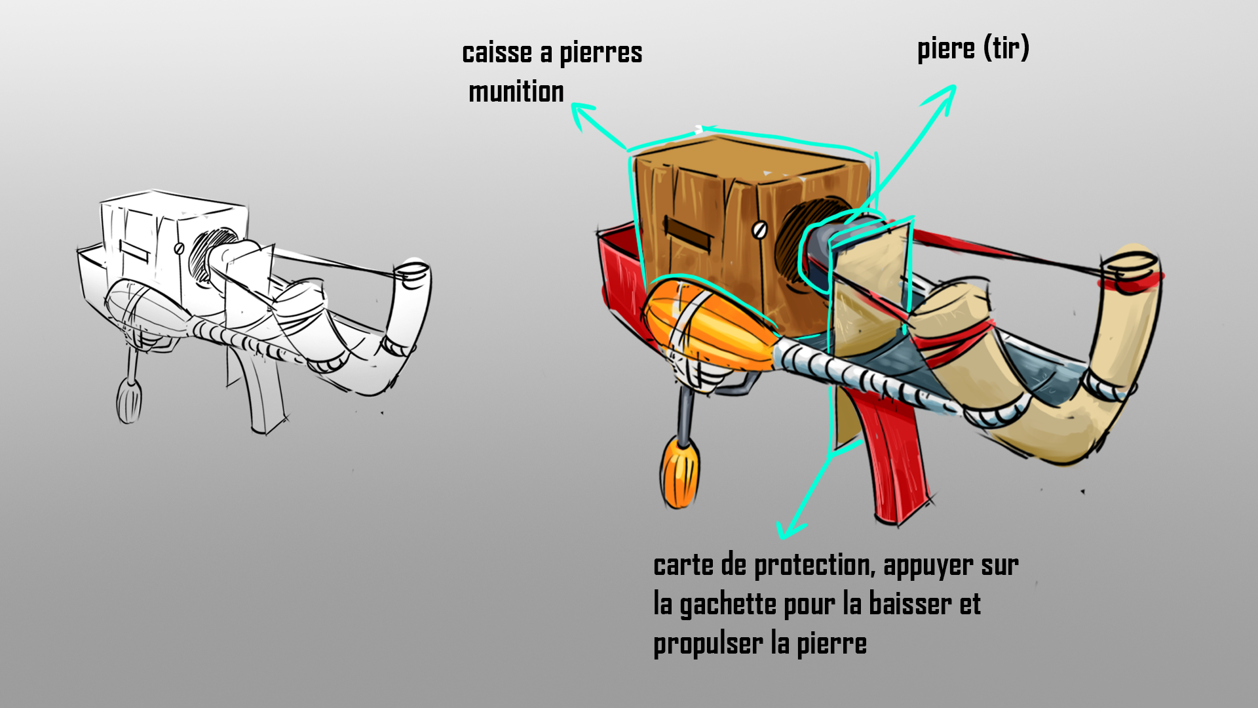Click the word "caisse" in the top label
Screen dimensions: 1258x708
point(497,53)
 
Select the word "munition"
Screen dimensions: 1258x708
point(516,92)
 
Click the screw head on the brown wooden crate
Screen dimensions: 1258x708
point(759,229)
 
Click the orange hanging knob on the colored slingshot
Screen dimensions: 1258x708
point(679,473)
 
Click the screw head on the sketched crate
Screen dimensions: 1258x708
point(179,248)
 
